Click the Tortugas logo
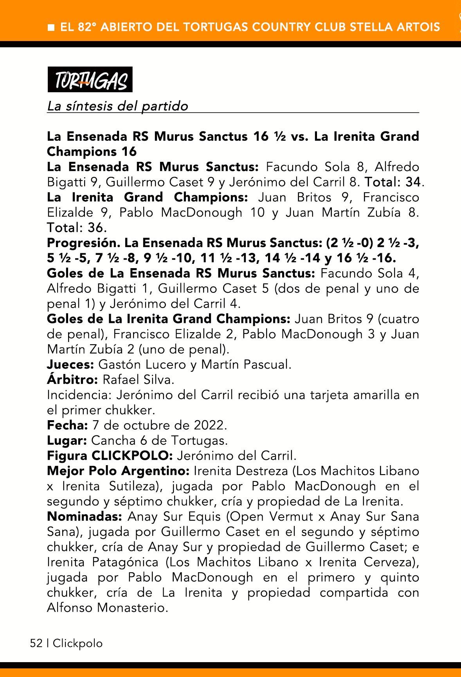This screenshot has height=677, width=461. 90,80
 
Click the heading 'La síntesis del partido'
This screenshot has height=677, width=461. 117,106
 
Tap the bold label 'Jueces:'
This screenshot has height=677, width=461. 70,365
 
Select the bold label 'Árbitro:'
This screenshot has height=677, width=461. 72,380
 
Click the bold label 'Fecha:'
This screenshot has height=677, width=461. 67,425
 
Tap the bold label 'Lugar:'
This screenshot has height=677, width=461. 67,441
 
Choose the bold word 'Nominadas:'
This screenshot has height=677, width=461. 85,517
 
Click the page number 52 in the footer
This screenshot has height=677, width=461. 36,643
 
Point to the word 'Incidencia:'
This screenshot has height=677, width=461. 79,395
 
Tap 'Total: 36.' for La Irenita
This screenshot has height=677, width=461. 77,227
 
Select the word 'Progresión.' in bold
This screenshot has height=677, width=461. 83,243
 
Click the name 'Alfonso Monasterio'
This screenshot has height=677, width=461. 107,608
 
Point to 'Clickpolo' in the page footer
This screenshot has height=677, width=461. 77,643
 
